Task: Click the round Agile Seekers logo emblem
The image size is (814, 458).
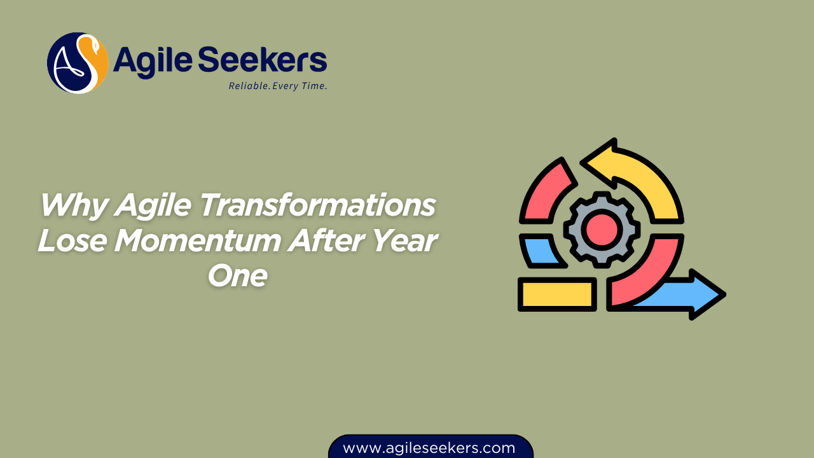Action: tap(78, 63)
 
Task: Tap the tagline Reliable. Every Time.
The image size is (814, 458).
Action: tap(278, 86)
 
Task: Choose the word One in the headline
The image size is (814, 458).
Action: tap(237, 277)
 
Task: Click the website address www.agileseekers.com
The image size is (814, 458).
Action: tap(429, 448)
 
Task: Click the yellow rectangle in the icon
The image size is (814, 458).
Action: tap(557, 295)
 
